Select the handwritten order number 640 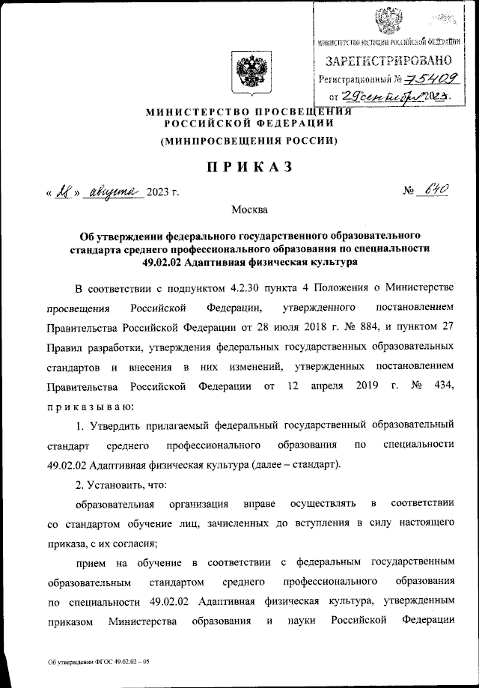click(x=436, y=191)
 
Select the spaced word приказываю click(x=90, y=405)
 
